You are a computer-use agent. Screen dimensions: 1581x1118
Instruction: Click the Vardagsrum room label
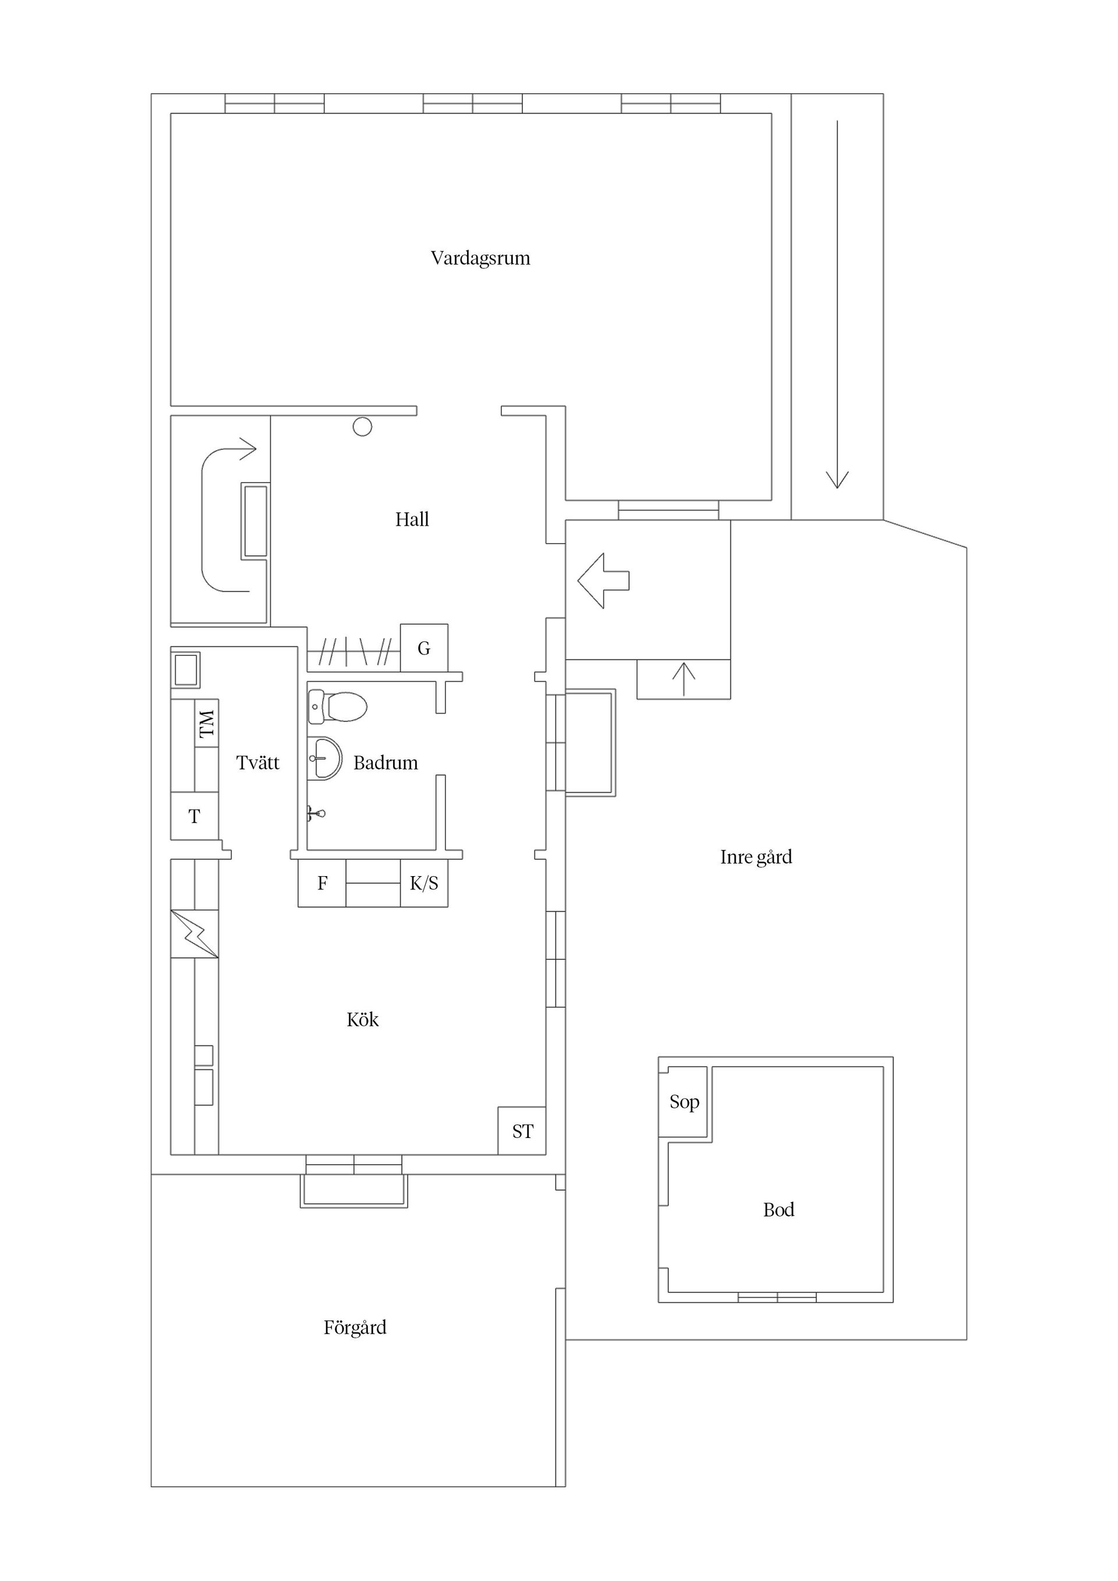[480, 258]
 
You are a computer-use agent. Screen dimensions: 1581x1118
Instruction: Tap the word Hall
[412, 519]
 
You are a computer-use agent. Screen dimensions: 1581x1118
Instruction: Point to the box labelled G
[424, 648]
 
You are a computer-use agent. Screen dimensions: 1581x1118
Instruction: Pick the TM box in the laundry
[207, 724]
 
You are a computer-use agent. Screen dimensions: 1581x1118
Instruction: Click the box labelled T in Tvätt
[194, 816]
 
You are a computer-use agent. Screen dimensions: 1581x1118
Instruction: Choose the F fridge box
[321, 884]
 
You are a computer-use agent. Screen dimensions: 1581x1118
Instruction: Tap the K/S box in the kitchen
[424, 884]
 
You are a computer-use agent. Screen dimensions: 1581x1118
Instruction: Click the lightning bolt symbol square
[194, 934]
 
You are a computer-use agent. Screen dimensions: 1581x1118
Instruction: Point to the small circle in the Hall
[362, 427]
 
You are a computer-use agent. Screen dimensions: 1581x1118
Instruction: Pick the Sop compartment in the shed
[684, 1102]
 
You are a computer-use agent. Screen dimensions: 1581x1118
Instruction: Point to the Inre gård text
[756, 857]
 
